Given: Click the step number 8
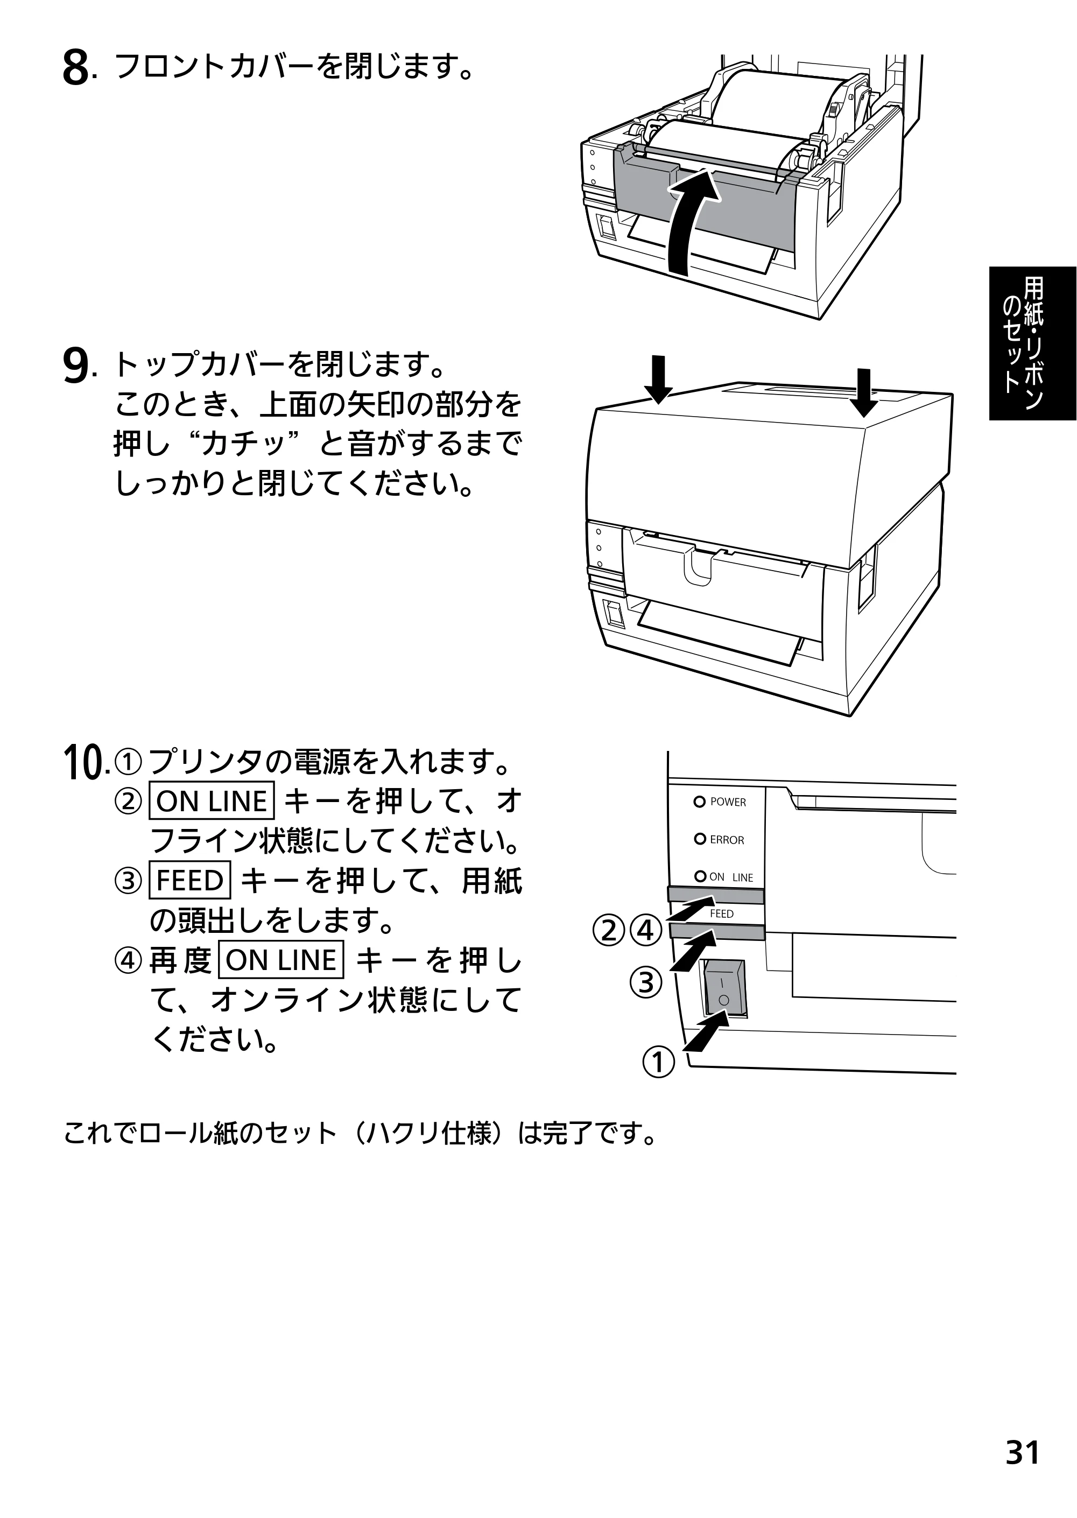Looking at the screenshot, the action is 75,69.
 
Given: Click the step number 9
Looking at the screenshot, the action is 75,367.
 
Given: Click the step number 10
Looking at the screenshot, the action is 83,763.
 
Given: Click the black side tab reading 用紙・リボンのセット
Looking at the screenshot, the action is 1032,343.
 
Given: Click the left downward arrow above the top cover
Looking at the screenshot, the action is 658,380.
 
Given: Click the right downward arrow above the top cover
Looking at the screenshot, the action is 863,392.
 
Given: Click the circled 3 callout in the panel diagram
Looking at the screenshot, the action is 646,982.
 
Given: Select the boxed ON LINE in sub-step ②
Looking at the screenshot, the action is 212,801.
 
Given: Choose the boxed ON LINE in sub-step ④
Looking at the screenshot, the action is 281,960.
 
